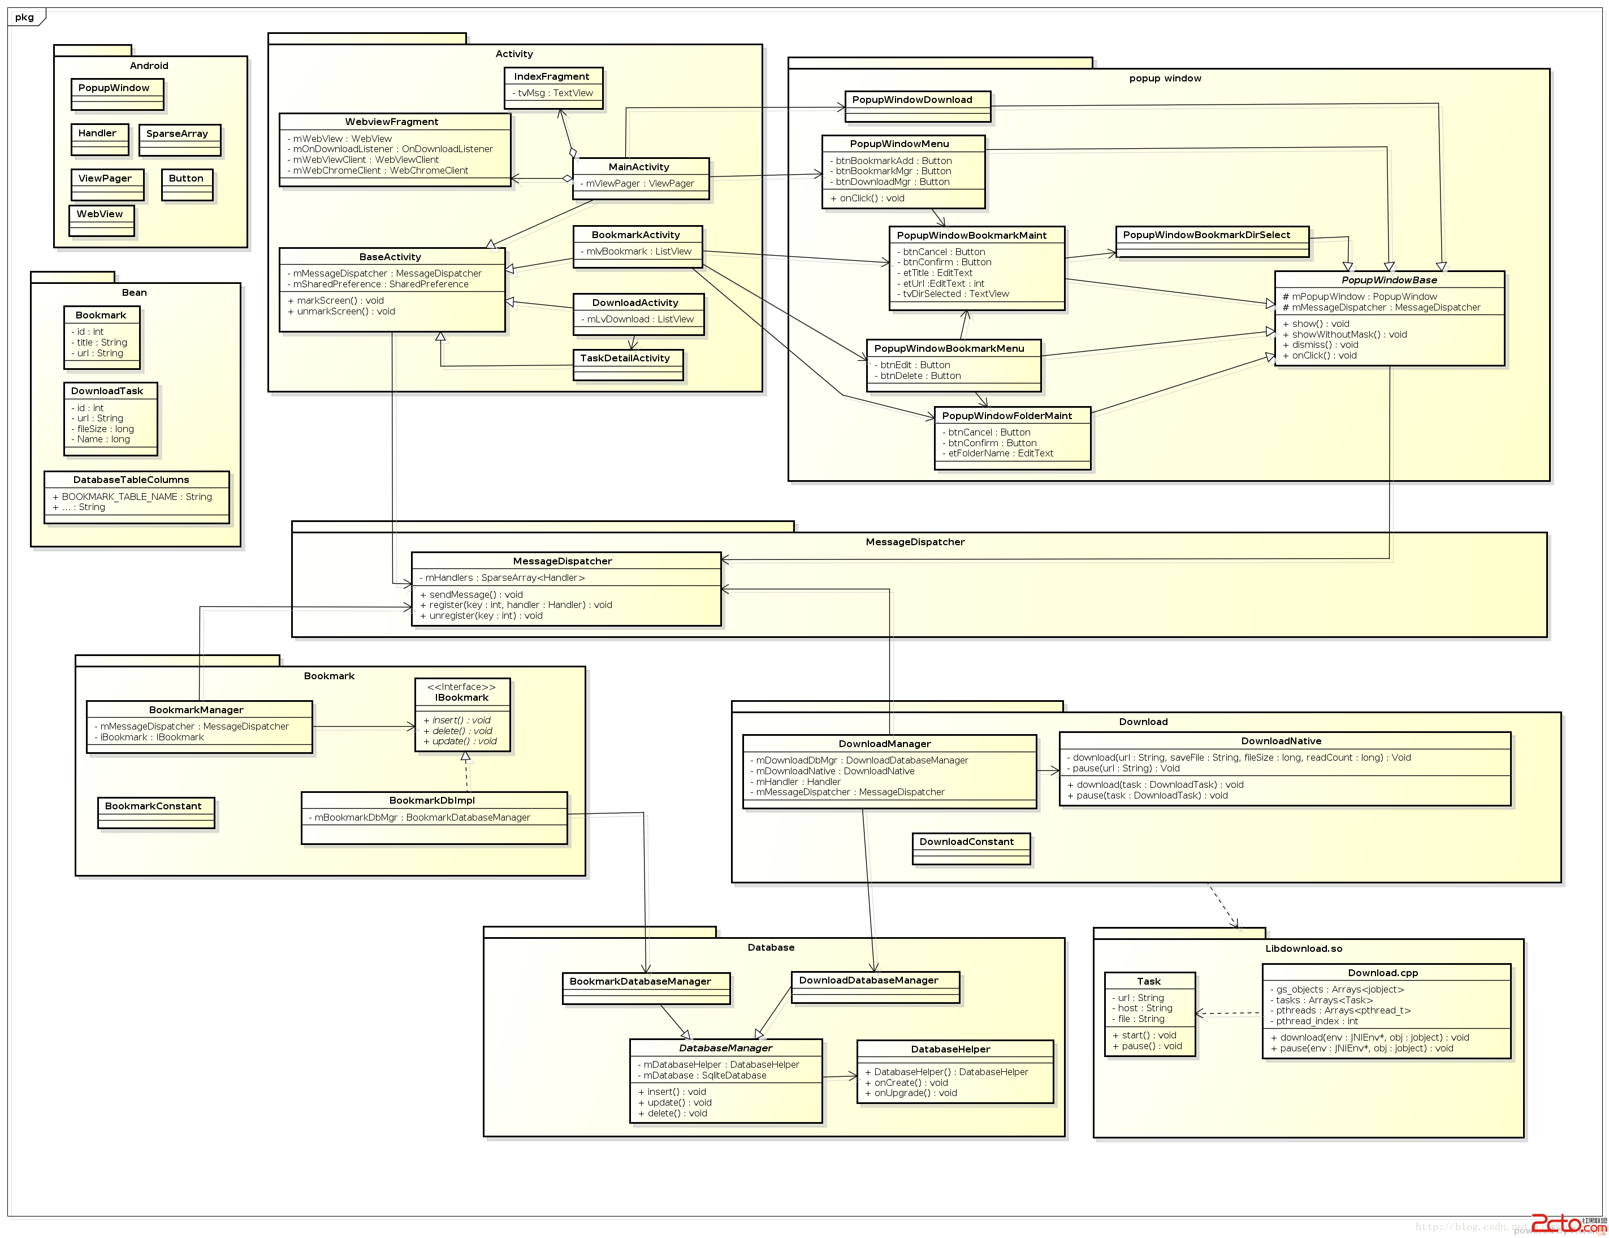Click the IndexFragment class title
pos(551,77)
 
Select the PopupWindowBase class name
pos(1389,280)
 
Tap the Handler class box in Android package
pos(100,139)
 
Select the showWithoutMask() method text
pos(1344,335)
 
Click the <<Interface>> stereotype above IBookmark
pos(461,687)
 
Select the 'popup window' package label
pos(1165,78)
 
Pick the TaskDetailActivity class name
pos(625,358)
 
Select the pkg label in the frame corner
pos(24,17)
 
